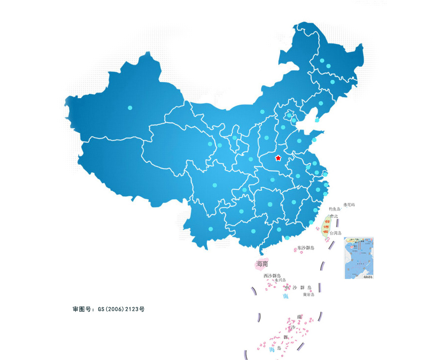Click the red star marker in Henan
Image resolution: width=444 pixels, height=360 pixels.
pyautogui.click(x=278, y=158)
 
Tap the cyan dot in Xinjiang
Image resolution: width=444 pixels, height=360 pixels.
pyautogui.click(x=130, y=108)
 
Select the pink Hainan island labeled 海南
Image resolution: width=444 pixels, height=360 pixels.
pyautogui.click(x=261, y=264)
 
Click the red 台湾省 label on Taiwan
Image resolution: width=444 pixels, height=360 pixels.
pyautogui.click(x=326, y=226)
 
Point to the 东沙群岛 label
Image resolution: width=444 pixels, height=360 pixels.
pyautogui.click(x=306, y=248)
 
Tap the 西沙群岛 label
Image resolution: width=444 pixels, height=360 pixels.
pyautogui.click(x=272, y=276)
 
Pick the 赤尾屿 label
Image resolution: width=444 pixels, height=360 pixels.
pyautogui.click(x=349, y=205)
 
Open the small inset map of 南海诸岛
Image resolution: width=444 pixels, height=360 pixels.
pyautogui.click(x=359, y=258)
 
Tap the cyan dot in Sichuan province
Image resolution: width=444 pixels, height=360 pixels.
pyautogui.click(x=215, y=185)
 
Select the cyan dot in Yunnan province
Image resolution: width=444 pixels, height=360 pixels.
pyautogui.click(x=211, y=229)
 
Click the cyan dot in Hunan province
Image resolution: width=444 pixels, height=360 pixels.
pyautogui.click(x=270, y=204)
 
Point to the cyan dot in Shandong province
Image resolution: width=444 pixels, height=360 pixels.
pyautogui.click(x=299, y=141)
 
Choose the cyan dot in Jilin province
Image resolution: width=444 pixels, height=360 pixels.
pyautogui.click(x=333, y=82)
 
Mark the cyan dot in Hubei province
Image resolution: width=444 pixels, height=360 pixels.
pyautogui.click(x=272, y=180)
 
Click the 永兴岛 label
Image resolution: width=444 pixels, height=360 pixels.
pyautogui.click(x=280, y=280)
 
